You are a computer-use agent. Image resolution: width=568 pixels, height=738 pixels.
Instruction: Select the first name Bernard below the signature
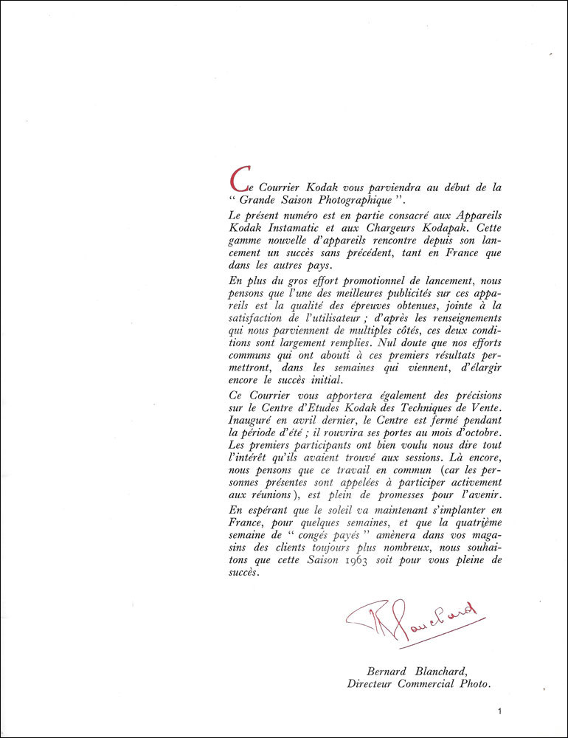tap(388, 671)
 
